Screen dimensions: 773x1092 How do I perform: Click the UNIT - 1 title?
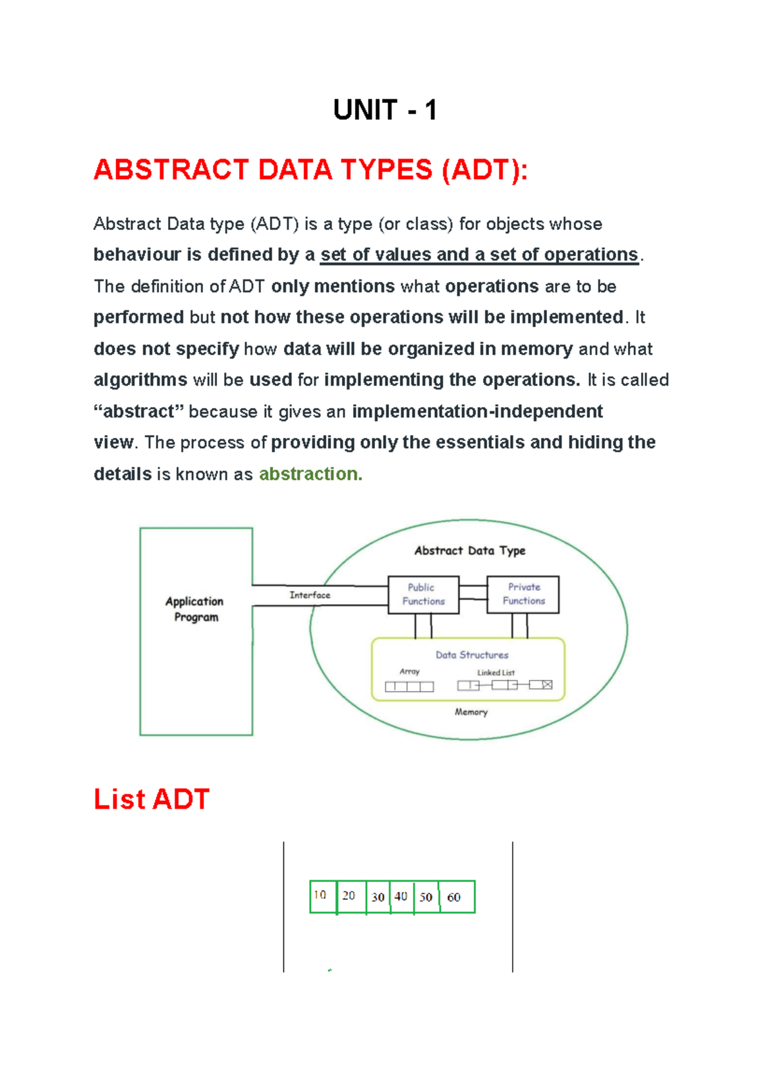pos(385,110)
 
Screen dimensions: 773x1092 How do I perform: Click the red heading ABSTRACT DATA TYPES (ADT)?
pos(310,171)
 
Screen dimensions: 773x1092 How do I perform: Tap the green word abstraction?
pos(310,474)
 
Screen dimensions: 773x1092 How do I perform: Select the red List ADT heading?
pos(151,799)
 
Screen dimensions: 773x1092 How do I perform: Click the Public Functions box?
pos(423,594)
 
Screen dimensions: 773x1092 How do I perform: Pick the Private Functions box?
pos(523,594)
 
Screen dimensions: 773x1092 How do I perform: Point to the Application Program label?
pos(195,609)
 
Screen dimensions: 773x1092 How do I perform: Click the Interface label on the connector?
pos(310,595)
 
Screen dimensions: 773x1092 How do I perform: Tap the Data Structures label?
pos(472,655)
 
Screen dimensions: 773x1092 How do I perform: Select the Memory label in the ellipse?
pos(471,712)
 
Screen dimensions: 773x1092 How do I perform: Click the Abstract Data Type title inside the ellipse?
pos(470,551)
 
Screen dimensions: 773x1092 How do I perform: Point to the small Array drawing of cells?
pos(409,686)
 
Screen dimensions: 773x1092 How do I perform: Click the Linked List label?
pos(495,673)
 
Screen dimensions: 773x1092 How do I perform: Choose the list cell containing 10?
pos(323,896)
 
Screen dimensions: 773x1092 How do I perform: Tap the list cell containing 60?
pos(457,897)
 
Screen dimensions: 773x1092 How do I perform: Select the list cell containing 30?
pos(378,897)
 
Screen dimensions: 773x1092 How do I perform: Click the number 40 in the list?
pos(401,896)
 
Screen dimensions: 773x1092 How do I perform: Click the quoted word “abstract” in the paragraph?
pos(138,411)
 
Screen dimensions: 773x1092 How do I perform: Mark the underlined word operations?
pos(591,255)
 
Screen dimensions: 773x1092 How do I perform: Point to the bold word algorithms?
pos(140,380)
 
